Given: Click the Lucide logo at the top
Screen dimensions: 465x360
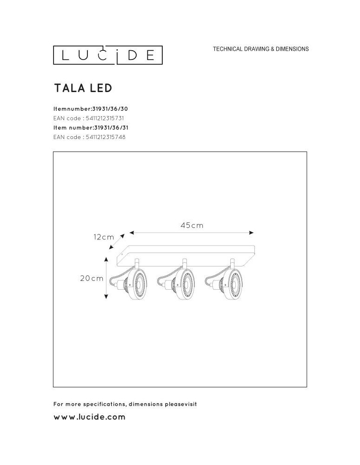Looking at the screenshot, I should pyautogui.click(x=107, y=55).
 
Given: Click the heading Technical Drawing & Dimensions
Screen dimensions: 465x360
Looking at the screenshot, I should pyautogui.click(x=260, y=49).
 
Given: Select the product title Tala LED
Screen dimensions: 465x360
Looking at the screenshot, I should pyautogui.click(x=83, y=88).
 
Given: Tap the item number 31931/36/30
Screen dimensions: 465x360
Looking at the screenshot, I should pyautogui.click(x=111, y=109).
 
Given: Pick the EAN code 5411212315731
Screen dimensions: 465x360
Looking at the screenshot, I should pyautogui.click(x=105, y=118).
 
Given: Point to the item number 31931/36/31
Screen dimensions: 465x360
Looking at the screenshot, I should pyautogui.click(x=111, y=127).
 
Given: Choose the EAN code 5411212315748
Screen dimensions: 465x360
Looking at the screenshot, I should pyautogui.click(x=106, y=137).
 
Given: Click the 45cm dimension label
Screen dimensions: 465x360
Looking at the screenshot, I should pyautogui.click(x=192, y=226).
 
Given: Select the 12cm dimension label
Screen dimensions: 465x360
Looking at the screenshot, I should pyautogui.click(x=104, y=237).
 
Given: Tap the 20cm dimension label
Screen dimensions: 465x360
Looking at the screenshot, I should pyautogui.click(x=92, y=279).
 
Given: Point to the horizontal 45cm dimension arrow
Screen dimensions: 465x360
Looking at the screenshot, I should pyautogui.click(x=192, y=232).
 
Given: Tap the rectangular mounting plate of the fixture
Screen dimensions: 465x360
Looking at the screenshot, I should pyautogui.click(x=186, y=251).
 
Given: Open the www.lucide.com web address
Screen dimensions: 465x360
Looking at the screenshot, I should pyautogui.click(x=90, y=417).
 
